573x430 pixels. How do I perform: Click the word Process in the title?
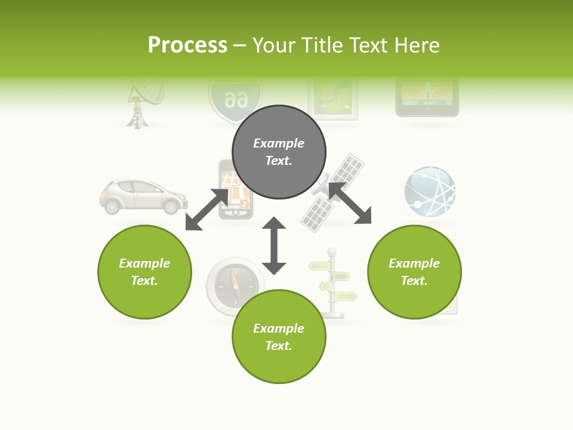(187, 45)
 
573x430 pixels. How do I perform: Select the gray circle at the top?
(279, 152)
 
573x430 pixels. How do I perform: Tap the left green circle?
(144, 272)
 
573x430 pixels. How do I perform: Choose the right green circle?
(414, 272)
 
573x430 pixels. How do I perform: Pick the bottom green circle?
(279, 337)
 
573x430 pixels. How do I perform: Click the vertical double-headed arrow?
(274, 245)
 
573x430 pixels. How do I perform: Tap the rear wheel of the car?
(112, 207)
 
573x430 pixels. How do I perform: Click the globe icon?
(430, 191)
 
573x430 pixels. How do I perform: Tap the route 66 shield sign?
(235, 99)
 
